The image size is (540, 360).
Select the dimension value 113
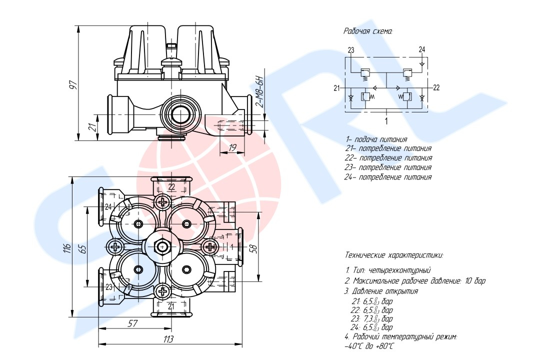click(x=168, y=339)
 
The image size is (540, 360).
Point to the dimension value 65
click(x=83, y=248)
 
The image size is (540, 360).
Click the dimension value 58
click(x=253, y=248)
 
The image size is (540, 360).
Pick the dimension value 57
click(x=132, y=323)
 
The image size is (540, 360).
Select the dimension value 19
click(x=232, y=147)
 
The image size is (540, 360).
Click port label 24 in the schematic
click(x=422, y=49)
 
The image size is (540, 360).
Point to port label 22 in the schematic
click(x=435, y=88)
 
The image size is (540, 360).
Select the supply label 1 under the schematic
click(x=386, y=120)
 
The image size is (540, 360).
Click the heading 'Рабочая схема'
click(x=368, y=31)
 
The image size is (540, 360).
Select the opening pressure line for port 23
click(x=373, y=318)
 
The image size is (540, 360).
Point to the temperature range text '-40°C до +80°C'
click(x=369, y=346)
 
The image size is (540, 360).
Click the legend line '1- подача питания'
click(x=375, y=139)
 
